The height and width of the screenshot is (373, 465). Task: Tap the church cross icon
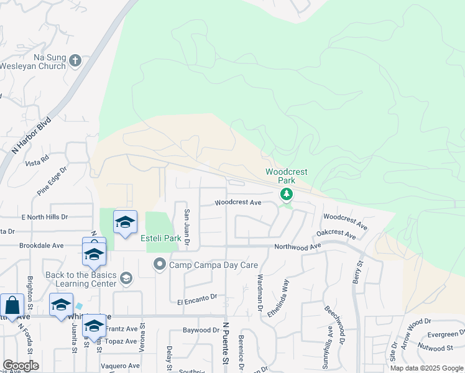click(x=75, y=60)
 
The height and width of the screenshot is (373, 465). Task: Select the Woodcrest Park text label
click(x=287, y=175)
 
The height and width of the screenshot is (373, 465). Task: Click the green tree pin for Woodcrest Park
click(x=287, y=195)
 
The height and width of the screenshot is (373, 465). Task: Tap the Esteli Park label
click(x=143, y=238)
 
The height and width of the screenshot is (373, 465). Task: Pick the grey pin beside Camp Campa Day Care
click(x=159, y=265)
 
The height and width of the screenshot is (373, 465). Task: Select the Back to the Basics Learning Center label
click(x=80, y=279)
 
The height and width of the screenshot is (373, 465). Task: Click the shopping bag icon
click(x=12, y=305)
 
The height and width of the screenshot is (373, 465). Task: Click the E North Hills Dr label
click(x=44, y=217)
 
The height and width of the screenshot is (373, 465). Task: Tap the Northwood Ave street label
click(x=298, y=247)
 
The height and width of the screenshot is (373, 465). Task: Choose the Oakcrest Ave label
click(x=336, y=234)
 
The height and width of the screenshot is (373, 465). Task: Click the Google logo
click(x=21, y=366)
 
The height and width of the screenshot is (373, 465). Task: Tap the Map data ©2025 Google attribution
click(x=426, y=368)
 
